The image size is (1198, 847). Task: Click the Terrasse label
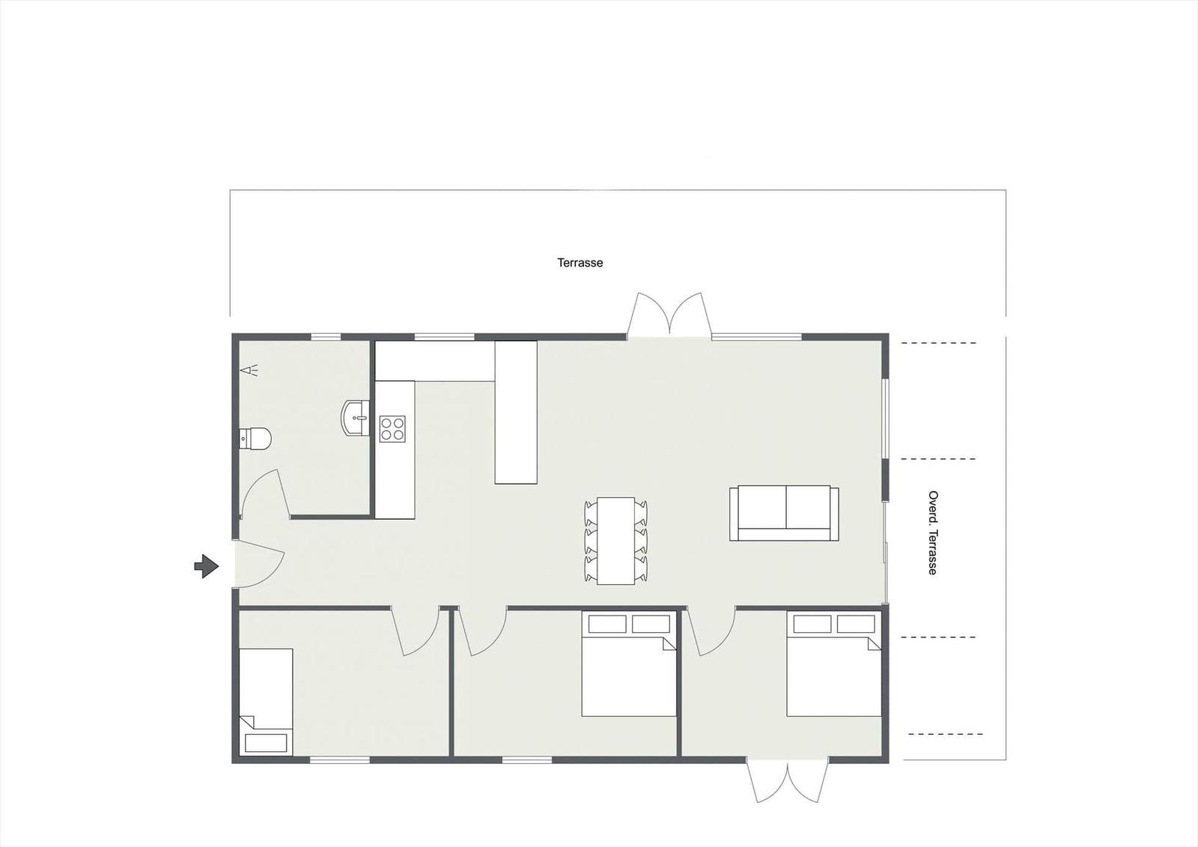tap(580, 263)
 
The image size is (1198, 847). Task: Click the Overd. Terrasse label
tap(933, 532)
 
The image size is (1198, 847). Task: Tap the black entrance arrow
tap(206, 566)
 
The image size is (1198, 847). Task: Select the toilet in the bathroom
tap(255, 438)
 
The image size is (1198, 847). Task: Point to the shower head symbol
tap(249, 370)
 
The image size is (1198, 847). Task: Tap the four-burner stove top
tap(392, 428)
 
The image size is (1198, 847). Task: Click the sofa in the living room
tap(784, 513)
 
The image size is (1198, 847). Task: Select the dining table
tap(615, 541)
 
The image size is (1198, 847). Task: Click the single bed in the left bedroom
tap(266, 701)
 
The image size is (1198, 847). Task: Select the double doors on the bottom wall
tap(788, 780)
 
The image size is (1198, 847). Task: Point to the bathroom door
tap(264, 494)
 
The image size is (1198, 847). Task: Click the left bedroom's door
tap(416, 631)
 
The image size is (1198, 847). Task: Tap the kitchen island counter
tap(516, 412)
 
